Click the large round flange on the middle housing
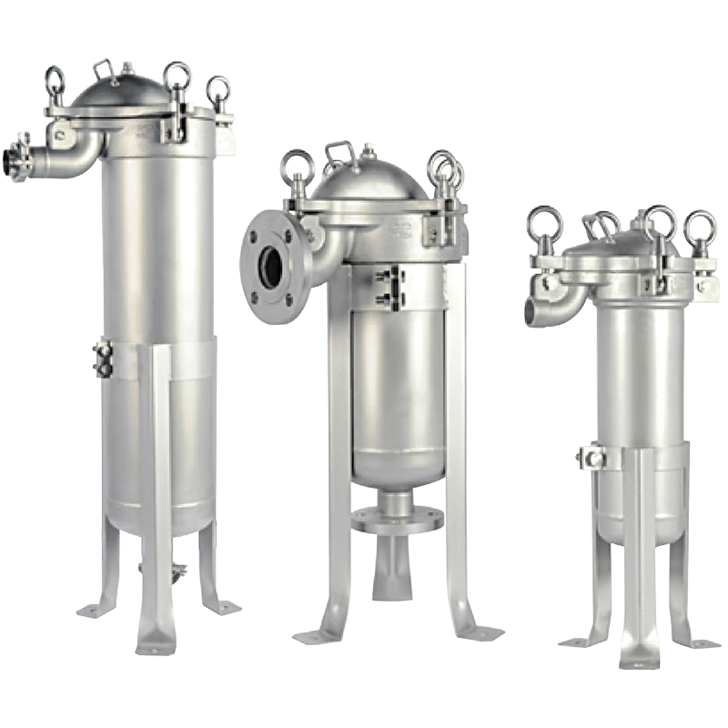click(274, 264)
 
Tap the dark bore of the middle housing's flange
click(272, 265)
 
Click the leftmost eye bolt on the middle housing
click(296, 168)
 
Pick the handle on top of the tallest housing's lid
click(107, 68)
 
